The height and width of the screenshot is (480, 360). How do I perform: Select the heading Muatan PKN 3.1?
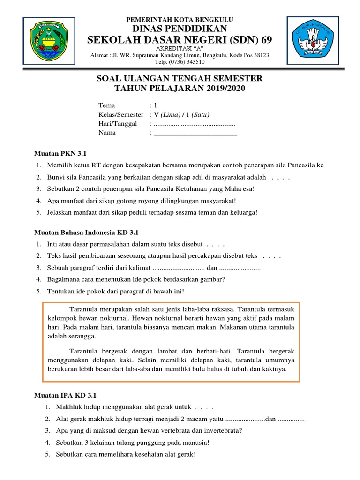pyautogui.click(x=61, y=153)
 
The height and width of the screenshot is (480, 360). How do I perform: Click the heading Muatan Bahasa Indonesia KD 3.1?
pyautogui.click(x=87, y=232)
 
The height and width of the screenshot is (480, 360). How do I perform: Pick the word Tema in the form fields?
pyautogui.click(x=106, y=105)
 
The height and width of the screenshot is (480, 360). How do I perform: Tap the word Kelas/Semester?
pyautogui.click(x=121, y=114)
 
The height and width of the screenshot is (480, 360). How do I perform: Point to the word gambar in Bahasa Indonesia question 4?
pyautogui.click(x=212, y=279)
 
